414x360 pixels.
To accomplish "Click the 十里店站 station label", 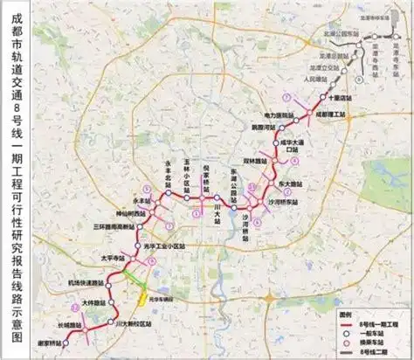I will pyautogui.click(x=344, y=98).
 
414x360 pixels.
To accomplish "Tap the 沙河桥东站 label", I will pyautogui.click(x=282, y=201).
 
